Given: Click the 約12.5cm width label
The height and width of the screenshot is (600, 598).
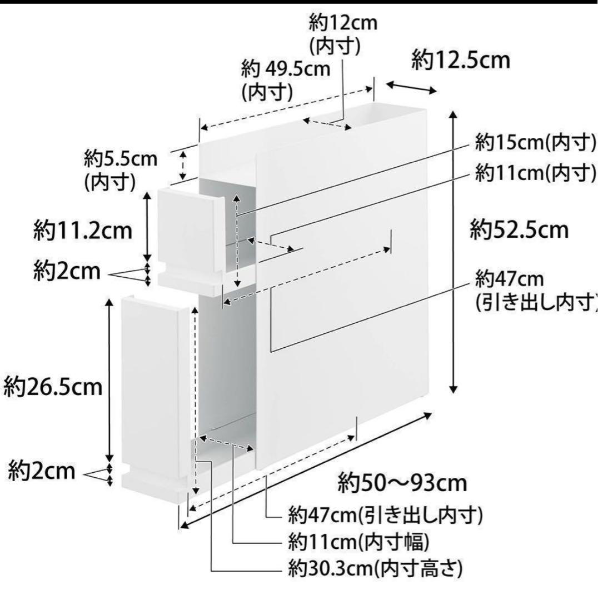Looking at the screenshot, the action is tap(461, 61).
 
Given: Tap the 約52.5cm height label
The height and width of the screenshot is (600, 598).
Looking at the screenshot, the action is tap(519, 230).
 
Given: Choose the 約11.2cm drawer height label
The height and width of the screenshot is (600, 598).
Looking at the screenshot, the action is tap(83, 231).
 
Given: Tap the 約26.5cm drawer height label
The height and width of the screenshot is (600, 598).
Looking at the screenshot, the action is tap(53, 387).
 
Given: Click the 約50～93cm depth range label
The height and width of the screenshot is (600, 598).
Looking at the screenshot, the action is tap(402, 483).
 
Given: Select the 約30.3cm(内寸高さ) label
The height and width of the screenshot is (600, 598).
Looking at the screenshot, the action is tap(376, 569).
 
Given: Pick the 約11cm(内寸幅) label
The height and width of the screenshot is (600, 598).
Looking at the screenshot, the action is tap(358, 542).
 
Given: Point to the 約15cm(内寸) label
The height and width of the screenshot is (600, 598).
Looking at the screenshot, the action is tap(536, 143).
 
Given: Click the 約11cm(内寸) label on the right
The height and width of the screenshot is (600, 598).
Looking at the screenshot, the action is tap(536, 173).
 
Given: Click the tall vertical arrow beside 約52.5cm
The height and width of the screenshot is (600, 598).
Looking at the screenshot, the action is tap(454, 252).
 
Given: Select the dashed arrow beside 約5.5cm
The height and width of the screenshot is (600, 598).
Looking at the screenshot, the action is tap(183, 166).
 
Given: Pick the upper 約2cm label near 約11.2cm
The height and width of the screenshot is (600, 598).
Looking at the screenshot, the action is tap(67, 271).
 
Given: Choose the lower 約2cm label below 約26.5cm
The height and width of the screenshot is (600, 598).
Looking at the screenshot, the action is tap(42, 471).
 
